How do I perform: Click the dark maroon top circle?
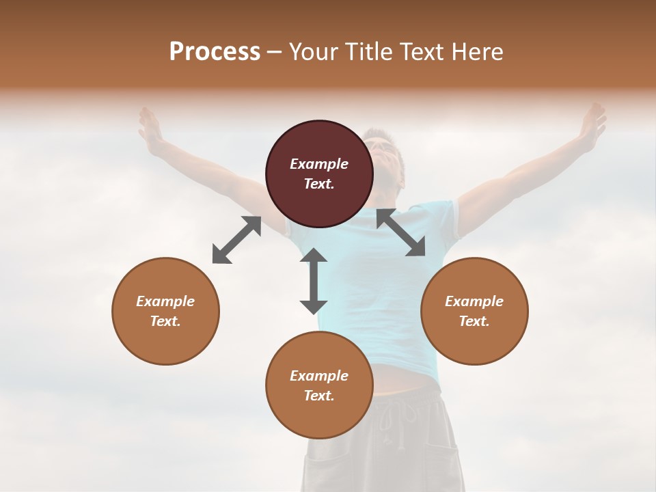click(319, 137)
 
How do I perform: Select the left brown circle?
click(165, 342)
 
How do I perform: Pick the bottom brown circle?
click(319, 417)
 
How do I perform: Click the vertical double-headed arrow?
click(314, 281)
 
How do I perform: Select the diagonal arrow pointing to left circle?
click(236, 240)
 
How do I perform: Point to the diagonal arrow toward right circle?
click(401, 232)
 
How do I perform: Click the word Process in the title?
click(215, 51)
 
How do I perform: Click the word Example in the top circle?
click(319, 164)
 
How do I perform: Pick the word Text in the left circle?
click(165, 321)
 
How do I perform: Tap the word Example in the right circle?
click(474, 301)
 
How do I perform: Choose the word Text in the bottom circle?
click(319, 396)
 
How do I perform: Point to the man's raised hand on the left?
click(150, 126)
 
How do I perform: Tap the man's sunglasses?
click(383, 146)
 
